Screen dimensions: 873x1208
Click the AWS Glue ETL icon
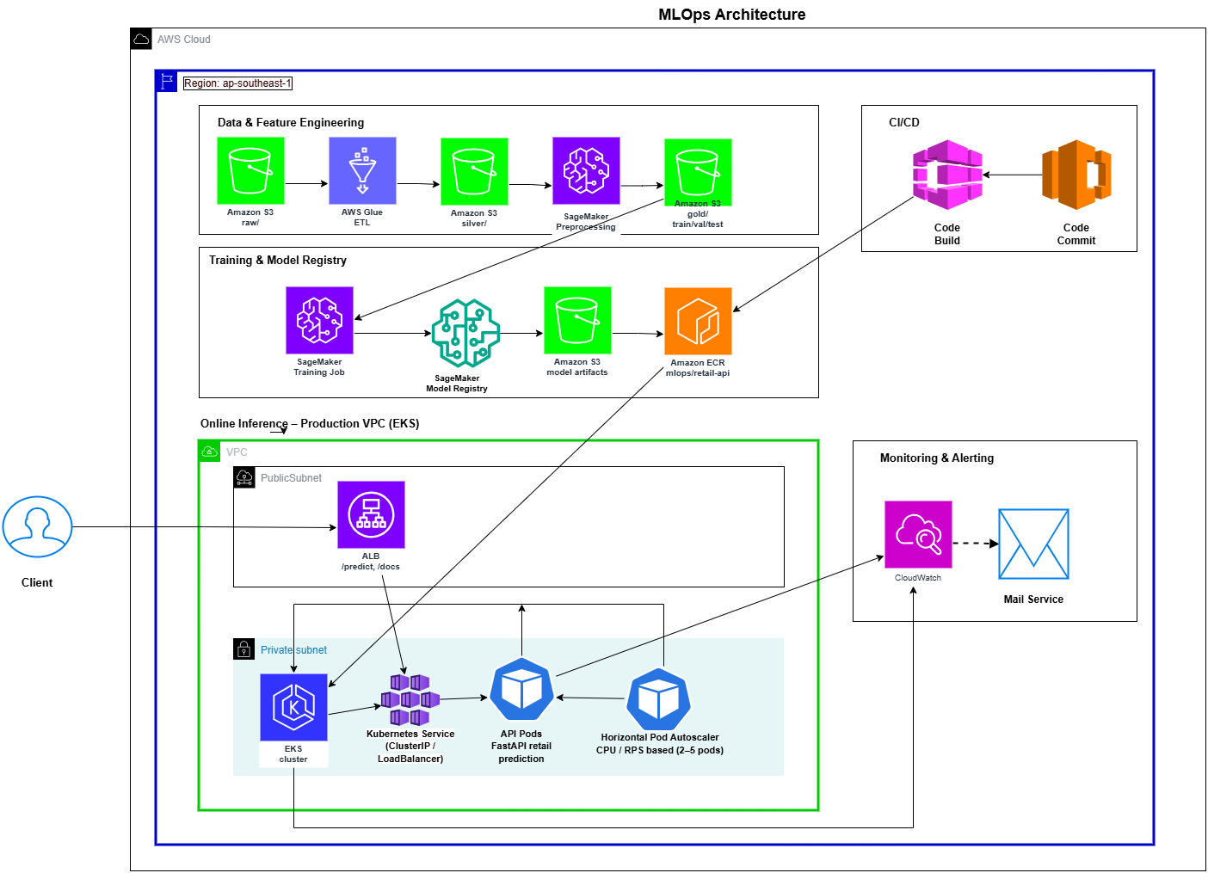click(362, 170)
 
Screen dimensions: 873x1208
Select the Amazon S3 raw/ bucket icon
click(250, 170)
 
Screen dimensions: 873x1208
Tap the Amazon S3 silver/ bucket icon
click(474, 171)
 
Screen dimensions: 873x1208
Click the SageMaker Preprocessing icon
click(586, 170)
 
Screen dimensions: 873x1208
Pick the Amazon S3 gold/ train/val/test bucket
click(698, 172)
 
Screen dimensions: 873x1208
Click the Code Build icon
click(947, 175)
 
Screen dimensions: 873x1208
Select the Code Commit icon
click(1076, 175)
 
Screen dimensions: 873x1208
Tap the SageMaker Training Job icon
click(319, 320)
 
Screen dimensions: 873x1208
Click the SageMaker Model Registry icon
click(465, 334)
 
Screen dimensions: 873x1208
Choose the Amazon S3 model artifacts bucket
click(577, 320)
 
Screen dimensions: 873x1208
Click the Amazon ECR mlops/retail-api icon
click(698, 321)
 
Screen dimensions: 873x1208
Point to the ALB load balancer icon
click(371, 514)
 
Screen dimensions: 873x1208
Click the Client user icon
click(37, 526)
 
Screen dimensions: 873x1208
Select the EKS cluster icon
click(293, 707)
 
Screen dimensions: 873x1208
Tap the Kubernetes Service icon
click(410, 700)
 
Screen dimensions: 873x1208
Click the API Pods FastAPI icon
click(521, 690)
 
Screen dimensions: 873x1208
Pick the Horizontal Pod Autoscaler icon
click(659, 699)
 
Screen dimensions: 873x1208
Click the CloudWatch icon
click(918, 534)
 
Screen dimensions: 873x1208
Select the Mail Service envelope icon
click(1033, 544)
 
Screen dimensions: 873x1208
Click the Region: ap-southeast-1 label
click(237, 83)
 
